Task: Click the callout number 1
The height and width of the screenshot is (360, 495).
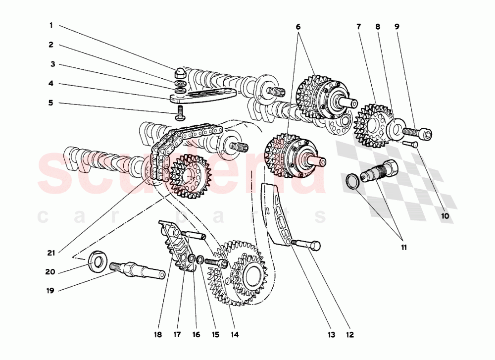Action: [50, 25]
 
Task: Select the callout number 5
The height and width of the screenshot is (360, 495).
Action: [50, 103]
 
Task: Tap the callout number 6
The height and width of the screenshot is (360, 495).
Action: [298, 26]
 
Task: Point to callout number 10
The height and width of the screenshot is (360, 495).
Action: [444, 216]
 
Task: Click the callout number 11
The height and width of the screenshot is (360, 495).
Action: [404, 247]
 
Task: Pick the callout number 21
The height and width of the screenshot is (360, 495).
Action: [50, 253]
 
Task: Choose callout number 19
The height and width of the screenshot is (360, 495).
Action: [50, 291]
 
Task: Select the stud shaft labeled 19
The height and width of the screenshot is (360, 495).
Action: [139, 270]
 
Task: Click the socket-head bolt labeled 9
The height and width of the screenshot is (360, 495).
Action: [417, 133]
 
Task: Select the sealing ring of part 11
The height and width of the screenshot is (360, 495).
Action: [352, 181]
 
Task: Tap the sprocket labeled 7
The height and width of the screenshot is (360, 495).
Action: [372, 123]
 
